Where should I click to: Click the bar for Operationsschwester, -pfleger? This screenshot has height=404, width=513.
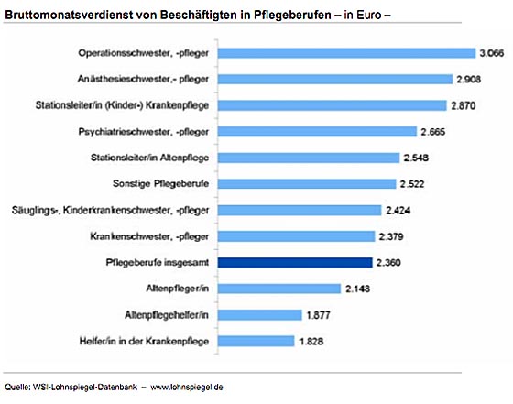pos(346,53)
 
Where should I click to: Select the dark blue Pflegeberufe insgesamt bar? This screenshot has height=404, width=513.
pos(295,263)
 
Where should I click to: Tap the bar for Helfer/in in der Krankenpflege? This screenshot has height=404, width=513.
pos(256,341)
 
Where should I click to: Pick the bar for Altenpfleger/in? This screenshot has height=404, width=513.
pos(279,289)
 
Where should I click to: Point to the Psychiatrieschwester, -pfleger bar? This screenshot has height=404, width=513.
pos(317,132)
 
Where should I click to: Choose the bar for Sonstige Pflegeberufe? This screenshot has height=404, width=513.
pos(307,184)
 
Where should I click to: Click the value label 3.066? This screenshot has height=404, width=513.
pos(492,53)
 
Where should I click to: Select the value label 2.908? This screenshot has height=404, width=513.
pos(469,79)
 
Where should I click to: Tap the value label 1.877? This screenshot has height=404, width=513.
pos(319,315)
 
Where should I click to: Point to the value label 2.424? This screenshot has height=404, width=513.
pos(398,211)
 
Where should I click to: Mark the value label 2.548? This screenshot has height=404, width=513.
pos(416,158)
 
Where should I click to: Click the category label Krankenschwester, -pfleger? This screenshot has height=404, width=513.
pos(149,236)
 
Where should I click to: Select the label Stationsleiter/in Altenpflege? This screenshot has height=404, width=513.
pos(149,158)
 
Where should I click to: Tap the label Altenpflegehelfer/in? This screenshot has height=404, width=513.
pos(167,315)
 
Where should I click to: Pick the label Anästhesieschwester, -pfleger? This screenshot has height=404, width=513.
pos(143,79)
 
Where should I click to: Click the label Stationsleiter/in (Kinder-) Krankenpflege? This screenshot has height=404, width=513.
pos(122,105)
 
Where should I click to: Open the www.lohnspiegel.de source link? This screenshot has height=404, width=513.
pos(187,387)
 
